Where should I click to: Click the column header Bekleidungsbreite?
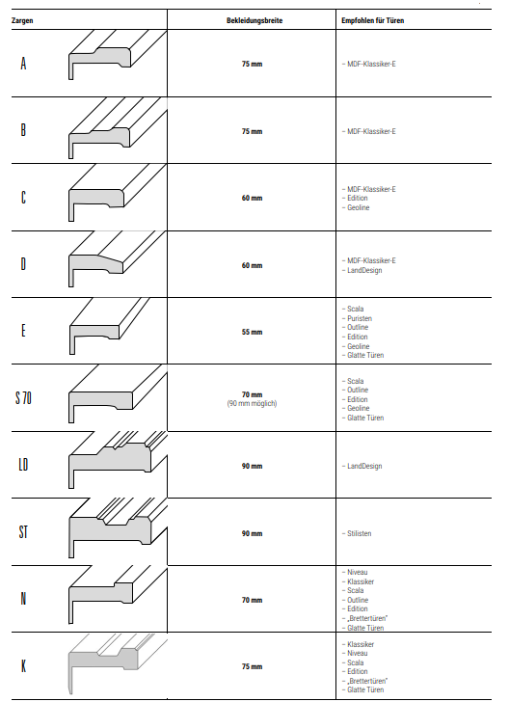point(254,20)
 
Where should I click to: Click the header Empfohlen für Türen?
point(372,20)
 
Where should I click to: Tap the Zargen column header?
point(22,20)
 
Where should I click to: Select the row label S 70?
point(23,397)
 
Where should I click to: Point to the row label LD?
point(23,465)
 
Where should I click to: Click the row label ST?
point(23,532)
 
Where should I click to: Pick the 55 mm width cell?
point(252,332)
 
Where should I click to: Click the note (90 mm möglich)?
point(252,403)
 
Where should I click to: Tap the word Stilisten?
point(359,533)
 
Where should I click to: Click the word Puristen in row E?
point(360,318)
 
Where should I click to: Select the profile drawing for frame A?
point(118,55)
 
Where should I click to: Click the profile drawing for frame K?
point(118,664)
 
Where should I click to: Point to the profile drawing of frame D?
point(118,258)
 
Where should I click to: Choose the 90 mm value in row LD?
point(252,466)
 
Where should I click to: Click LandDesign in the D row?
point(364,270)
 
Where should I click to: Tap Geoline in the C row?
point(359,207)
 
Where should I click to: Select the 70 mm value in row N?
point(252,600)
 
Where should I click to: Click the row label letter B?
point(23,130)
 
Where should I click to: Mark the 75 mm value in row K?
point(252,666)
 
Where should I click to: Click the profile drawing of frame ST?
point(118,528)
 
